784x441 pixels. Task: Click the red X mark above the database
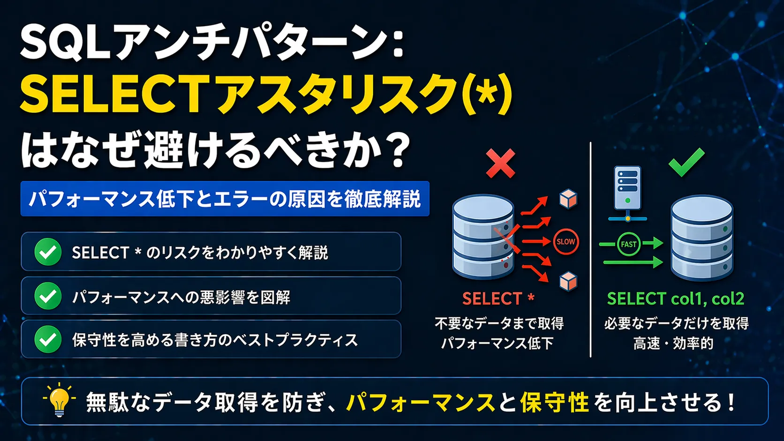coord(500,164)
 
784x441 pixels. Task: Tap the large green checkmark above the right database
coord(686,162)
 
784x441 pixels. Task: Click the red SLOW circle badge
coord(565,242)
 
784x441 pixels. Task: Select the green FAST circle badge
coord(628,244)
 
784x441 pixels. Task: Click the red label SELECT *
coord(498,299)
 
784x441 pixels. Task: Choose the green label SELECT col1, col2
coord(675,299)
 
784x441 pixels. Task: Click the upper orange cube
coord(568,199)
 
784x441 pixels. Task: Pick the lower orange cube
coord(568,281)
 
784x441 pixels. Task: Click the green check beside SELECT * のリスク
coord(48,252)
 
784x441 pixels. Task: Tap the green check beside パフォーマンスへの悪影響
coord(48,296)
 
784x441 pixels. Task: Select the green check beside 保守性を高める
coord(48,339)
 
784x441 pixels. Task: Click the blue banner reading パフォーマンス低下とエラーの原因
coord(225,199)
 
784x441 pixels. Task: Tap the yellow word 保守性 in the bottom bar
coord(554,402)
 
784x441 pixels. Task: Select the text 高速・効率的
coord(673,344)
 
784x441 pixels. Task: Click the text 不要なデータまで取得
coord(499,323)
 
